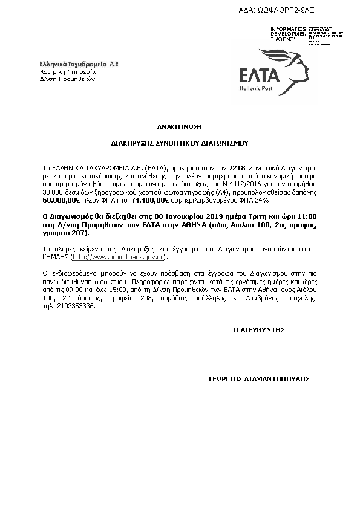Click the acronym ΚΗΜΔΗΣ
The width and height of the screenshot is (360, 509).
[55, 257]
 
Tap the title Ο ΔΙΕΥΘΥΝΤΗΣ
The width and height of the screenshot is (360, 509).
[258, 330]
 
